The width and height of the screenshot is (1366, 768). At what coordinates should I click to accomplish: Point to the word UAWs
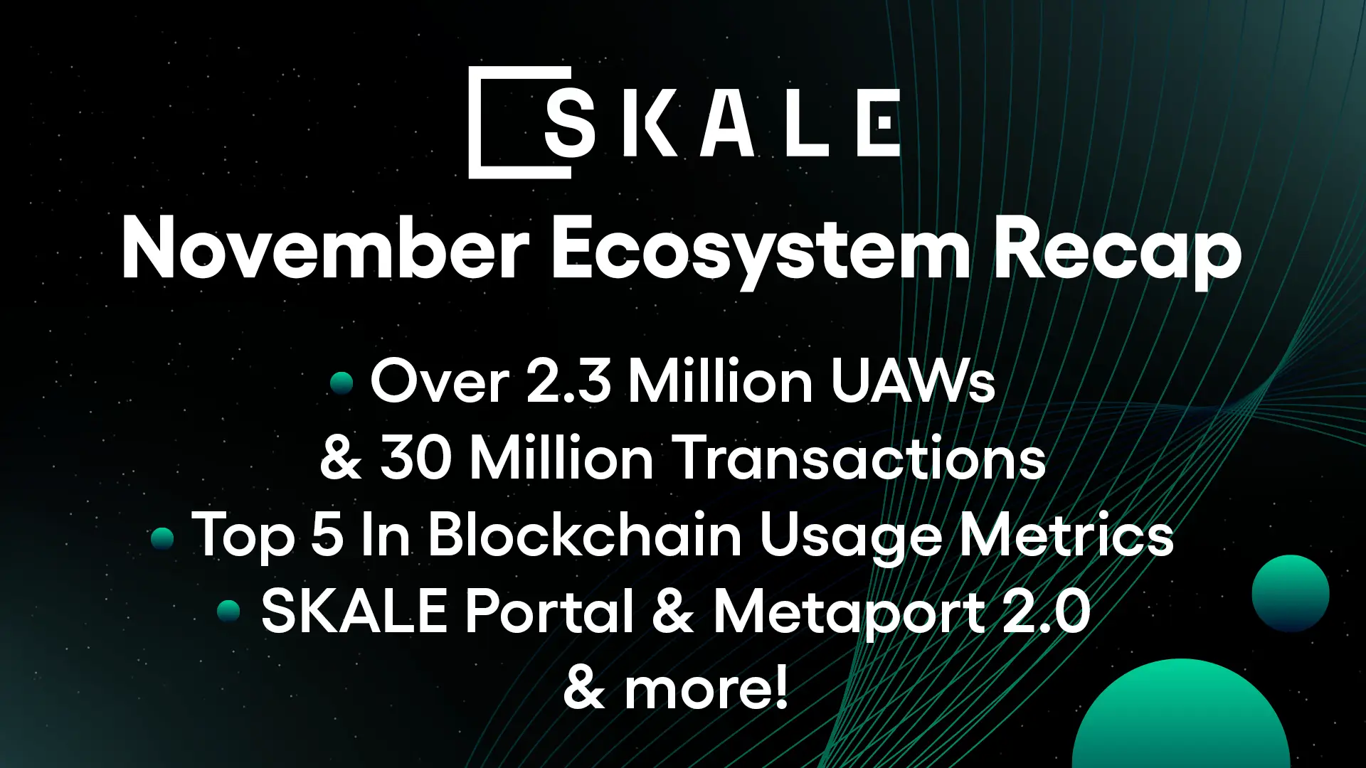click(913, 381)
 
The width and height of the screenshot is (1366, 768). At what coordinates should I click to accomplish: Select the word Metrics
click(1066, 535)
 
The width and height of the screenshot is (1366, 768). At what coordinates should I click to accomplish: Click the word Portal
click(550, 612)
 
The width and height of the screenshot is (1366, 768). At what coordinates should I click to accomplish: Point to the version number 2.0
click(1047, 612)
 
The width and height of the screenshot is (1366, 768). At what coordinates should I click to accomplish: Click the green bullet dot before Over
click(342, 383)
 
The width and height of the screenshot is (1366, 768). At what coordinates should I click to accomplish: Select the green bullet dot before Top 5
click(163, 538)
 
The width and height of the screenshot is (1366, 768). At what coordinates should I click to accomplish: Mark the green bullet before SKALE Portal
click(229, 612)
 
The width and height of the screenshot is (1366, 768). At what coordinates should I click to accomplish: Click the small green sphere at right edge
click(1290, 593)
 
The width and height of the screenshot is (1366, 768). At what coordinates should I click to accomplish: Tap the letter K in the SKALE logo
click(650, 123)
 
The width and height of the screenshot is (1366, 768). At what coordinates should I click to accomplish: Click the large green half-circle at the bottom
click(1181, 718)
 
